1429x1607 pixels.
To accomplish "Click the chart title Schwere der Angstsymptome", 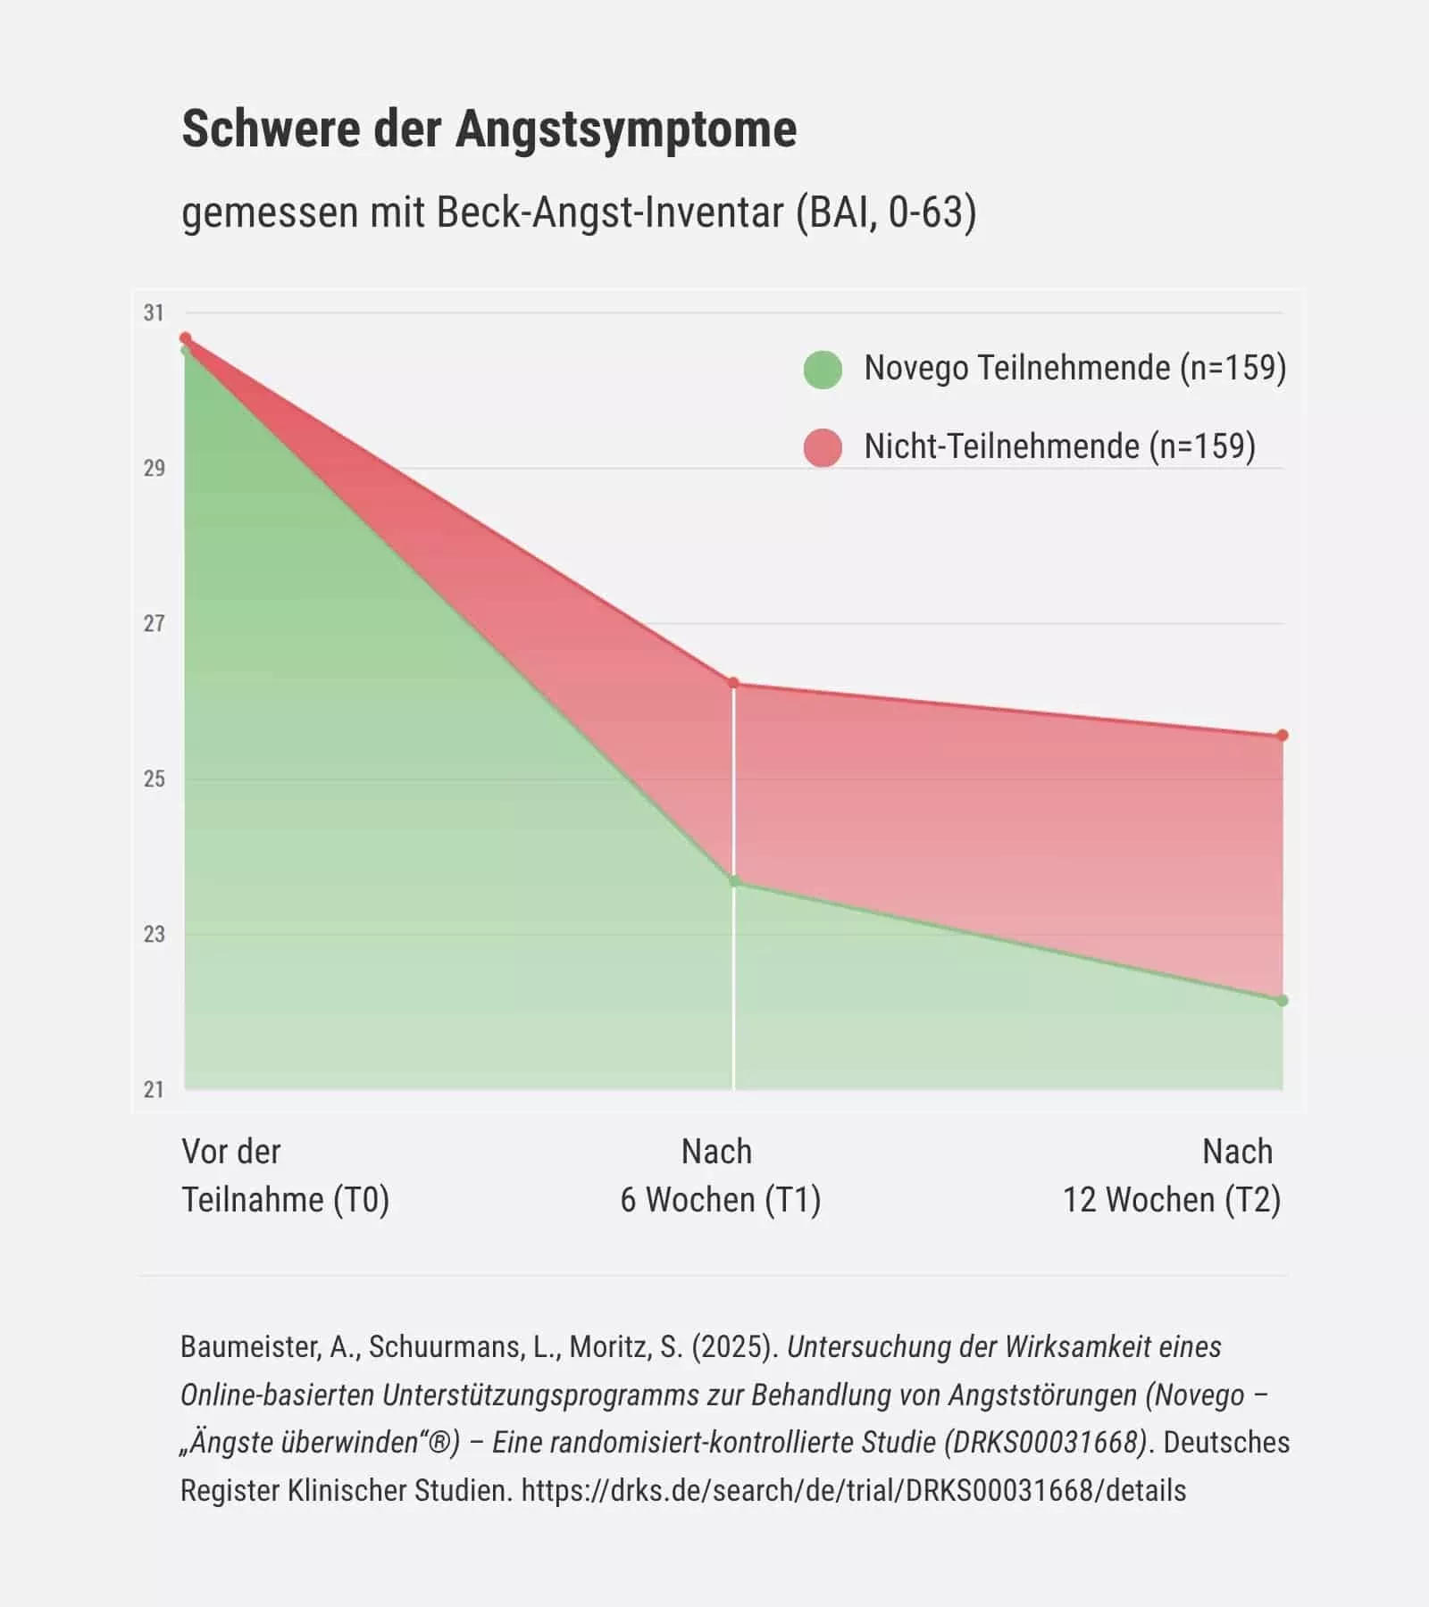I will tap(489, 129).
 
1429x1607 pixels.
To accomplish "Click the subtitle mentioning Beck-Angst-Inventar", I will tap(579, 212).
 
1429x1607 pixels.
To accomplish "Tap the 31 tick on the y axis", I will tap(154, 313).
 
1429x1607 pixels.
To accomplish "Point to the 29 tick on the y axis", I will tap(154, 469).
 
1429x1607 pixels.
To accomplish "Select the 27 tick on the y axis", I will tap(154, 624).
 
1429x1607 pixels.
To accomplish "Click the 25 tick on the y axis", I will tap(154, 779).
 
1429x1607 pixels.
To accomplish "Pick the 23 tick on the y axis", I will tap(154, 935).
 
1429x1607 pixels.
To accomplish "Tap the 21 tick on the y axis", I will tap(154, 1090).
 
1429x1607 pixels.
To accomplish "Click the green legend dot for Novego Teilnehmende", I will tap(823, 370).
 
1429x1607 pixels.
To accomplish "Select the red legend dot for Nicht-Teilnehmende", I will tap(823, 447).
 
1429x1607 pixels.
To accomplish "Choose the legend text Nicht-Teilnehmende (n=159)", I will tap(1059, 446).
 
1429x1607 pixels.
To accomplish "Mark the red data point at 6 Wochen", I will tap(734, 683).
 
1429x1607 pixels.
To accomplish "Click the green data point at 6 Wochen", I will tap(734, 882).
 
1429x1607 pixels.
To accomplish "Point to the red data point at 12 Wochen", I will tap(1283, 736).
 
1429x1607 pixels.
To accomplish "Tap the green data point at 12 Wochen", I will tap(1283, 1001).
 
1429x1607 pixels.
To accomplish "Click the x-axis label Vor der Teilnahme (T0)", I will tap(285, 1176).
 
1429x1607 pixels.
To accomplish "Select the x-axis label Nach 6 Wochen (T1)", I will tap(720, 1176).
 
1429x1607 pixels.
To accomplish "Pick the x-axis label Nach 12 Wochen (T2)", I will tap(1171, 1176).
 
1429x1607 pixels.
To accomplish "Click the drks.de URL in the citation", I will tap(853, 1490).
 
